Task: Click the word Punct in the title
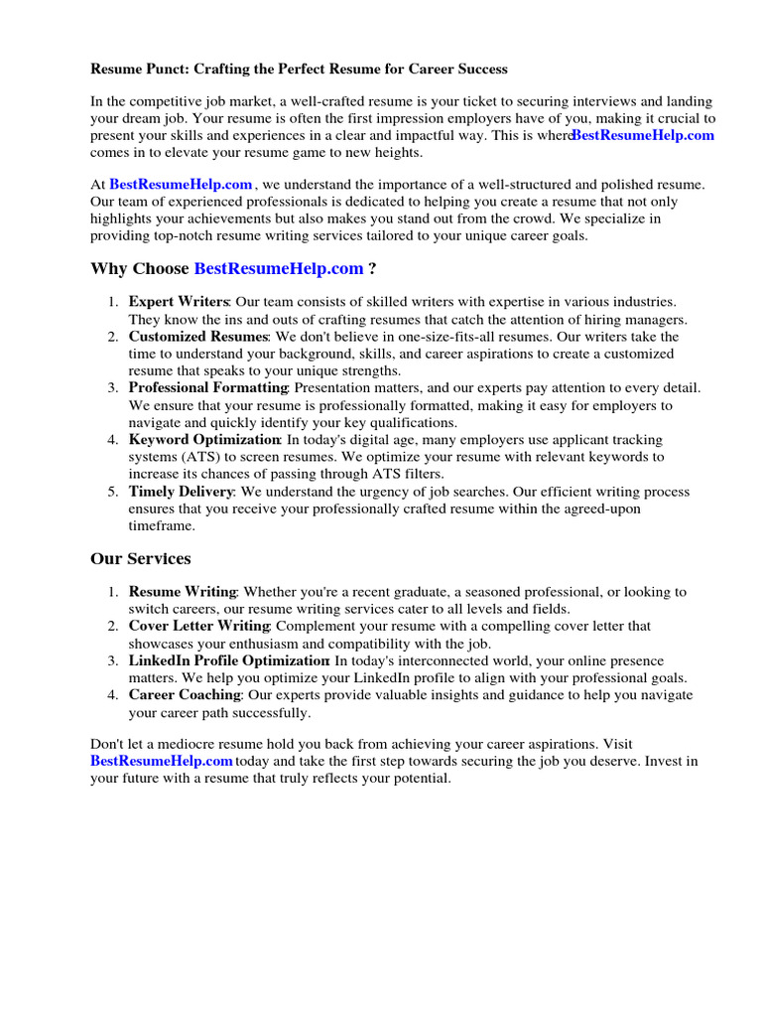pyautogui.click(x=165, y=70)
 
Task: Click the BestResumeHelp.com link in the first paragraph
pyautogui.click(x=643, y=136)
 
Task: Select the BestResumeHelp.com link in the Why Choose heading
pyautogui.click(x=279, y=269)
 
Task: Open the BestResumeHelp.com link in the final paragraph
pyautogui.click(x=162, y=761)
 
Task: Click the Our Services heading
pyautogui.click(x=141, y=559)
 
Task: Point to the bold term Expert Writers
pyautogui.click(x=179, y=302)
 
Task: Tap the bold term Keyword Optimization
pyautogui.click(x=204, y=439)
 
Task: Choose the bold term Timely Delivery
pyautogui.click(x=181, y=492)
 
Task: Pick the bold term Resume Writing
pyautogui.click(x=183, y=592)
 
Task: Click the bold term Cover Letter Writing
pyautogui.click(x=198, y=626)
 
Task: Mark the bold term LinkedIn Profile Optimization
pyautogui.click(x=228, y=660)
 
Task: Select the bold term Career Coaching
pyautogui.click(x=185, y=695)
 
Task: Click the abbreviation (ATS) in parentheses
pyautogui.click(x=206, y=457)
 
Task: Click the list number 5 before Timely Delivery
pyautogui.click(x=113, y=492)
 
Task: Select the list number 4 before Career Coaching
pyautogui.click(x=113, y=695)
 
